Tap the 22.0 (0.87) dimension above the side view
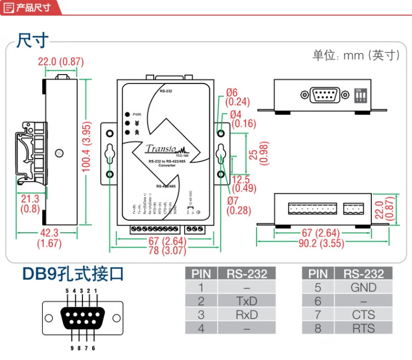pyautogui.click(x=60, y=62)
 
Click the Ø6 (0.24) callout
pyautogui.click(x=237, y=97)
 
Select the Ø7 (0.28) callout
pyautogui.click(x=237, y=205)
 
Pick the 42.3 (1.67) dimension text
pyautogui.click(x=49, y=238)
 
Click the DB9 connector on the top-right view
pyautogui.click(x=325, y=94)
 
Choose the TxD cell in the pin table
pyautogui.click(x=247, y=300)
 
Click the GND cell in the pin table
pyautogui.click(x=363, y=287)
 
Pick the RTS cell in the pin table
pyautogui.click(x=363, y=328)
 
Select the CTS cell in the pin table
pyautogui.click(x=363, y=314)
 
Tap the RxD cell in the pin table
pyautogui.click(x=247, y=314)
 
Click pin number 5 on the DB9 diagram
pyautogui.click(x=66, y=290)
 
